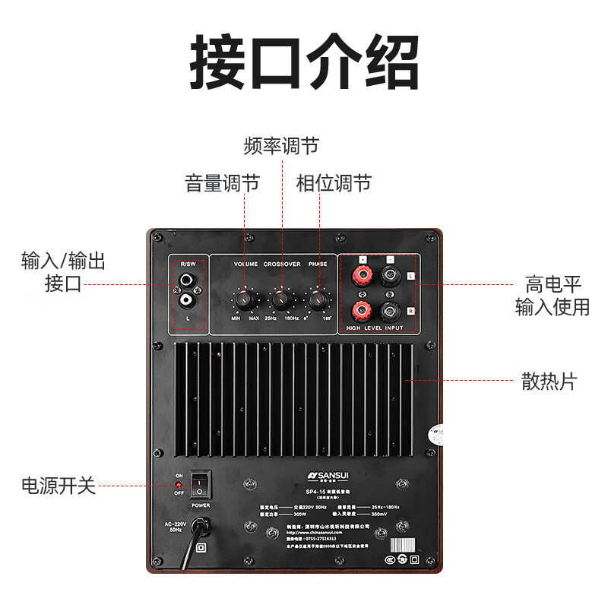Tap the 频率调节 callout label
tap(281, 146)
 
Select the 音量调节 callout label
tap(222, 183)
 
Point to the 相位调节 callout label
tap(334, 183)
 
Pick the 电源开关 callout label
tap(59, 486)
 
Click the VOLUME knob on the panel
tap(244, 299)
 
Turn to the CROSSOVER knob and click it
tap(281, 299)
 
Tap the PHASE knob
tap(318, 299)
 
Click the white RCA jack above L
tap(187, 302)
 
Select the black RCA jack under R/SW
tap(187, 282)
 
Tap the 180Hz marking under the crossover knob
tap(291, 318)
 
